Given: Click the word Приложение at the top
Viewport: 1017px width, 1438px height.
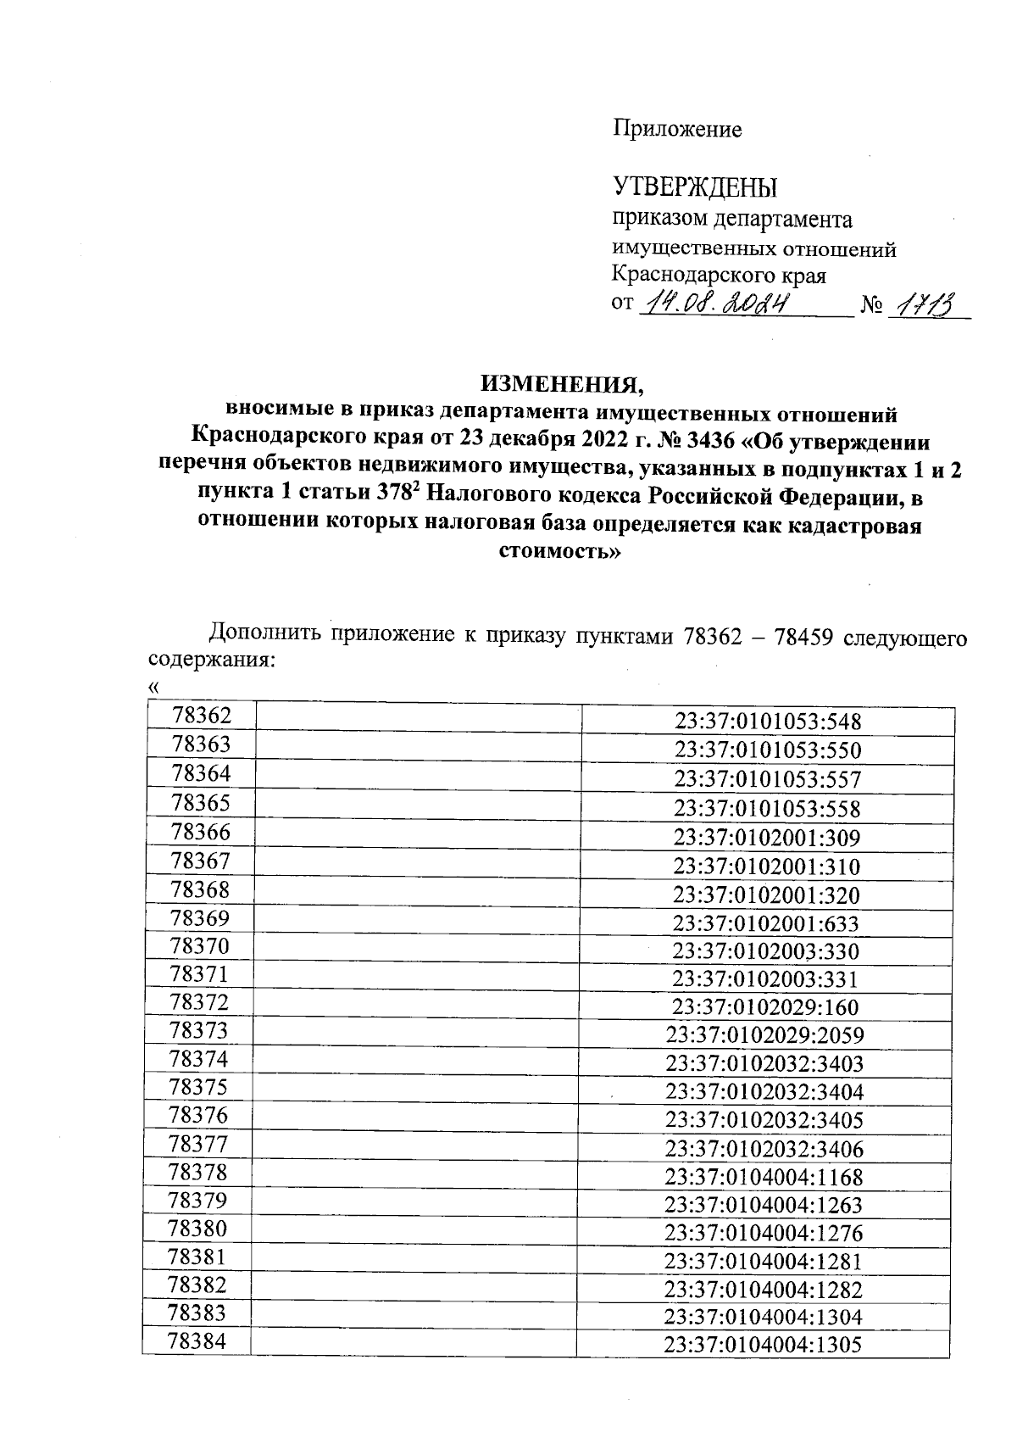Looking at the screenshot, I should point(677,129).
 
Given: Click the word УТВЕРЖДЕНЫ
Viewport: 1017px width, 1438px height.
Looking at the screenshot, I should point(694,186).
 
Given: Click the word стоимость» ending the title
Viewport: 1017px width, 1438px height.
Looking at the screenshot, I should point(557,553).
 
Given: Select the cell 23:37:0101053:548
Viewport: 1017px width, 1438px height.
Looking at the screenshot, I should point(767,722).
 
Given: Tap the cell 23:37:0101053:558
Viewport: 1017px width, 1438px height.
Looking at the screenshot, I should point(767,808).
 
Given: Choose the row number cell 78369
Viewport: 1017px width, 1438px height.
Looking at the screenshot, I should point(200,917).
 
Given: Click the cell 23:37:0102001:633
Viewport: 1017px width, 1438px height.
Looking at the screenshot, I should point(765,923).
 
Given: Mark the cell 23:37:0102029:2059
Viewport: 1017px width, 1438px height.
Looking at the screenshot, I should point(764,1035).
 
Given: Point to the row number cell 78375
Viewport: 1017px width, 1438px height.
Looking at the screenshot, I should point(199,1086).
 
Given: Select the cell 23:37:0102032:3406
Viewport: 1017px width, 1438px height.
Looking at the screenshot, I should point(764,1149).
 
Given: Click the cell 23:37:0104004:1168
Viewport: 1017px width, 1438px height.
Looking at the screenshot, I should point(763,1177).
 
